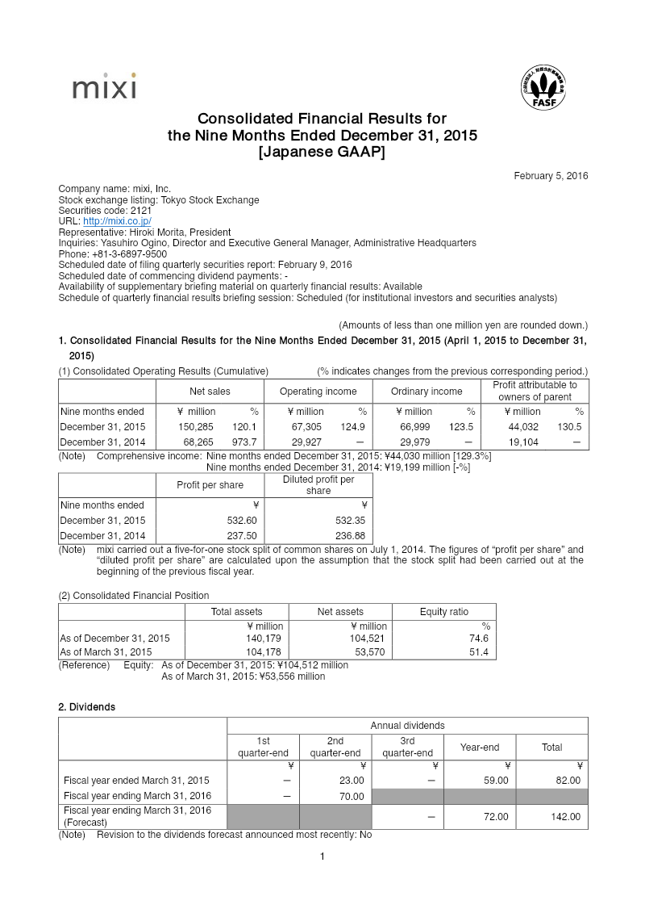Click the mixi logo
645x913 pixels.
[104, 87]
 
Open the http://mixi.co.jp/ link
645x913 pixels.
[117, 221]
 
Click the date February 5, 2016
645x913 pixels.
[551, 176]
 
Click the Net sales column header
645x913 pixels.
[210, 392]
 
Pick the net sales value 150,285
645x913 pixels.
[194, 426]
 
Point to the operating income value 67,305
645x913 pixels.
[306, 426]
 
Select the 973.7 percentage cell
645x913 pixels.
[244, 442]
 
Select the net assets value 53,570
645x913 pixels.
[370, 652]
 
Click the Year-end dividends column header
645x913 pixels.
[479, 748]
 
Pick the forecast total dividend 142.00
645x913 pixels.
[564, 817]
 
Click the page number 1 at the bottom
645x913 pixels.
[322, 856]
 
